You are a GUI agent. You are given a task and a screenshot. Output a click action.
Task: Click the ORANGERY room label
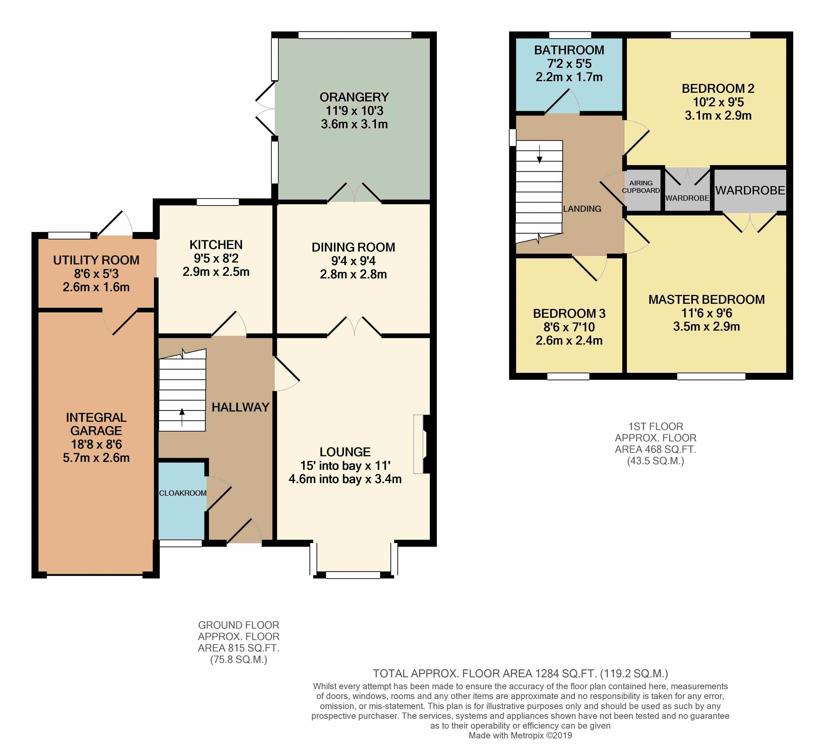[x=354, y=97]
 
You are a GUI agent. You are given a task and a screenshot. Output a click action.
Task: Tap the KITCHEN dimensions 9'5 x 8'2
[x=216, y=258]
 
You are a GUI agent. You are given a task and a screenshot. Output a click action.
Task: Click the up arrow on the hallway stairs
[x=182, y=417]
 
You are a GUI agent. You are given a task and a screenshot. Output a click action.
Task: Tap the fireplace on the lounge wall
[x=421, y=444]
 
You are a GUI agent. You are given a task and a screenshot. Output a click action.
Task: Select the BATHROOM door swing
[x=562, y=101]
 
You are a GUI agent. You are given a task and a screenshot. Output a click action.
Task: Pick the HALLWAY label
[x=240, y=407]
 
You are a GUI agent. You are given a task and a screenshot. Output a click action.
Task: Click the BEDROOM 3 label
[x=569, y=314]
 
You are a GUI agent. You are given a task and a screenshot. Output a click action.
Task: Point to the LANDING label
[x=582, y=209]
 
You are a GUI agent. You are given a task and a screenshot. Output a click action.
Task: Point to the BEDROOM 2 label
[x=718, y=88]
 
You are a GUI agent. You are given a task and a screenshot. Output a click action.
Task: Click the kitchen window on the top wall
[x=218, y=202]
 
